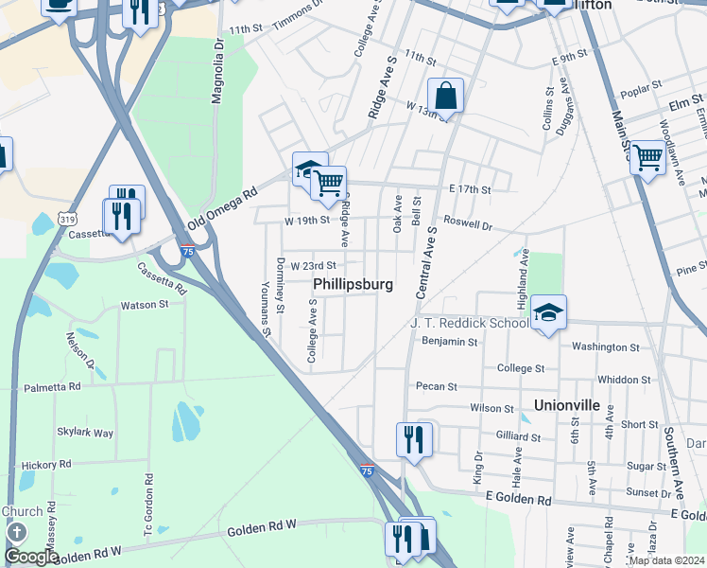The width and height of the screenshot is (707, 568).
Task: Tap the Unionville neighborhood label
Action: (567, 404)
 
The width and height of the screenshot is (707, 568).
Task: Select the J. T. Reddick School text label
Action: (470, 323)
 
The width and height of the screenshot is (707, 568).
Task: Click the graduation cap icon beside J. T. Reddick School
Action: (547, 312)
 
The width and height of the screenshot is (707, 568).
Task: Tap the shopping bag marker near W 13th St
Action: (445, 96)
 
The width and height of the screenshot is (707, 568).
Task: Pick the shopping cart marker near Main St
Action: (647, 157)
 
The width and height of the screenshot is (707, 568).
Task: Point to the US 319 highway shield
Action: (67, 219)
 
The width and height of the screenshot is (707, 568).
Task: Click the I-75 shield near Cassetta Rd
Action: (188, 251)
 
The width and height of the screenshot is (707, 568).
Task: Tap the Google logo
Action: (31, 557)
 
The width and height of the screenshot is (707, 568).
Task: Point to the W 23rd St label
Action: (313, 266)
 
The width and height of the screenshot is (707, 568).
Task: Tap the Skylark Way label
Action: (85, 433)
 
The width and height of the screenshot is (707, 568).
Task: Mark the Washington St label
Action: (605, 347)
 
